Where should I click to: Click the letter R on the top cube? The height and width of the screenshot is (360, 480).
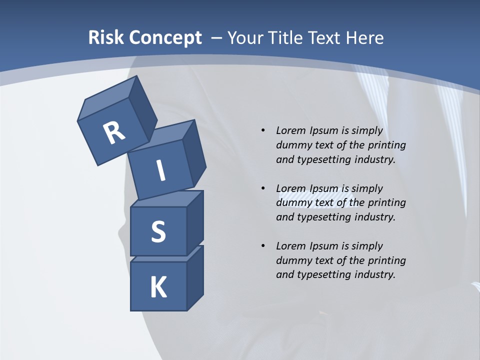tap(114, 133)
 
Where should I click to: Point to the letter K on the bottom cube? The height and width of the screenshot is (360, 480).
tap(158, 287)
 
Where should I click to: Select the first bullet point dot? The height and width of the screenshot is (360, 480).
tap(262, 131)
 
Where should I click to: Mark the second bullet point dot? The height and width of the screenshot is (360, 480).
tap(262, 188)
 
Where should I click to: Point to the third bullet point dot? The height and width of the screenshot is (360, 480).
tap(262, 246)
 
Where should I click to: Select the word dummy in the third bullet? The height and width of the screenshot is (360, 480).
tap(292, 260)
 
